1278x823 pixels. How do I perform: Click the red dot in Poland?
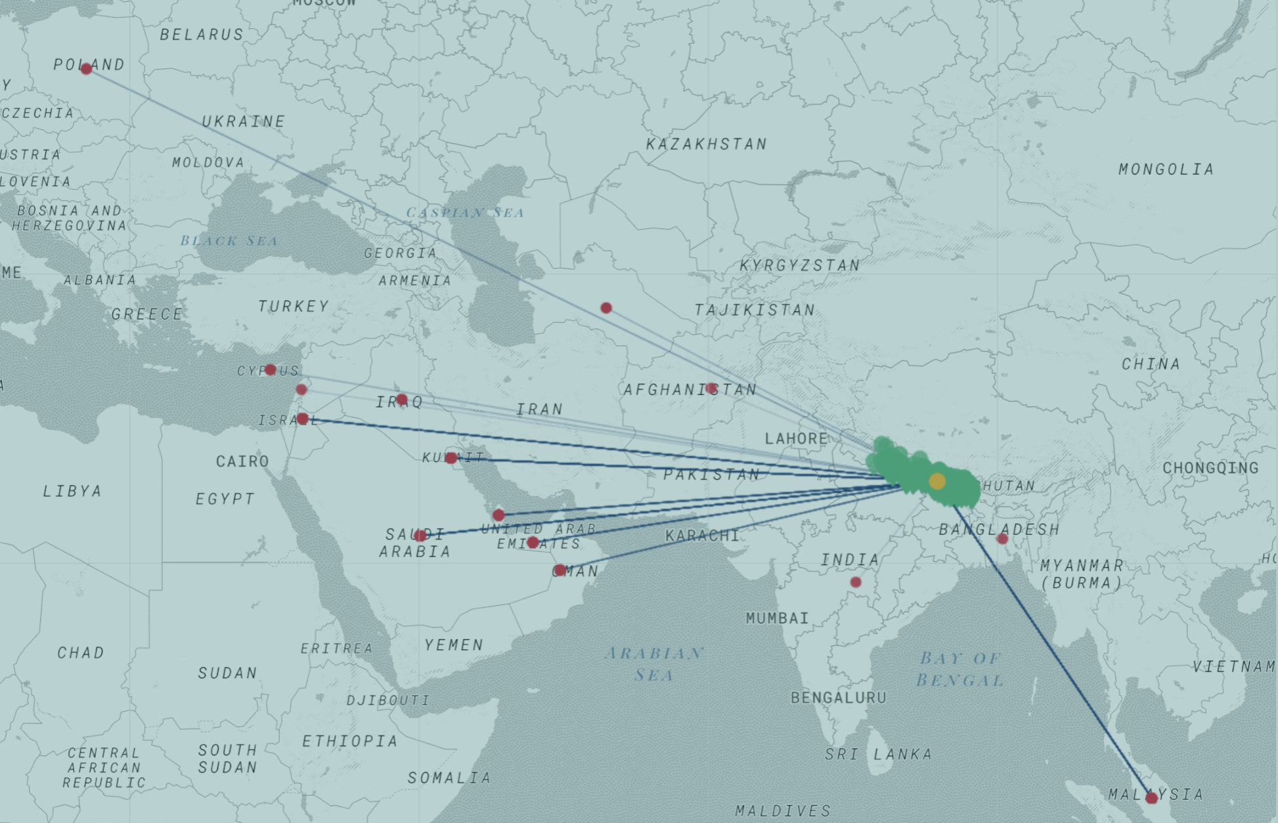(x=86, y=68)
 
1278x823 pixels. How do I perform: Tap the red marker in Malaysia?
(x=1151, y=798)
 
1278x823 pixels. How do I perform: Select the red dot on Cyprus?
(x=270, y=370)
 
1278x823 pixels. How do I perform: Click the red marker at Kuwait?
(x=451, y=458)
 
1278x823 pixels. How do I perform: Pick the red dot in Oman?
(x=559, y=570)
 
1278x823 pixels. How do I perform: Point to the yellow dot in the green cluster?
(x=937, y=481)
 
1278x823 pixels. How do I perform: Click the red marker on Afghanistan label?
(x=711, y=389)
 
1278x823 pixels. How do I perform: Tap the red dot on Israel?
(x=302, y=419)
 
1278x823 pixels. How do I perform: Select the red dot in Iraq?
(x=402, y=400)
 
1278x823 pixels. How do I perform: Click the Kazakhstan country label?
(x=707, y=144)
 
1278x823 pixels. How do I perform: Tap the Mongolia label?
(x=1166, y=169)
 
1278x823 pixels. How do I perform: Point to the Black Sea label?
(x=229, y=241)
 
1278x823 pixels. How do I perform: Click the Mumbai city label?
(x=777, y=618)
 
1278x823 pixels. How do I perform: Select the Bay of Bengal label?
(x=960, y=669)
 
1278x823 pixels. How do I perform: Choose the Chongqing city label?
(x=1210, y=468)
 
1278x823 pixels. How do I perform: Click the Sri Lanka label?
(x=878, y=754)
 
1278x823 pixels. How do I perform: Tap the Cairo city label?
(x=242, y=461)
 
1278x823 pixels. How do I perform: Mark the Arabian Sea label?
(x=654, y=664)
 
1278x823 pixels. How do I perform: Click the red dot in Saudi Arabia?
(x=420, y=536)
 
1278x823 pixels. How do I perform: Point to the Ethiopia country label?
(x=349, y=741)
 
